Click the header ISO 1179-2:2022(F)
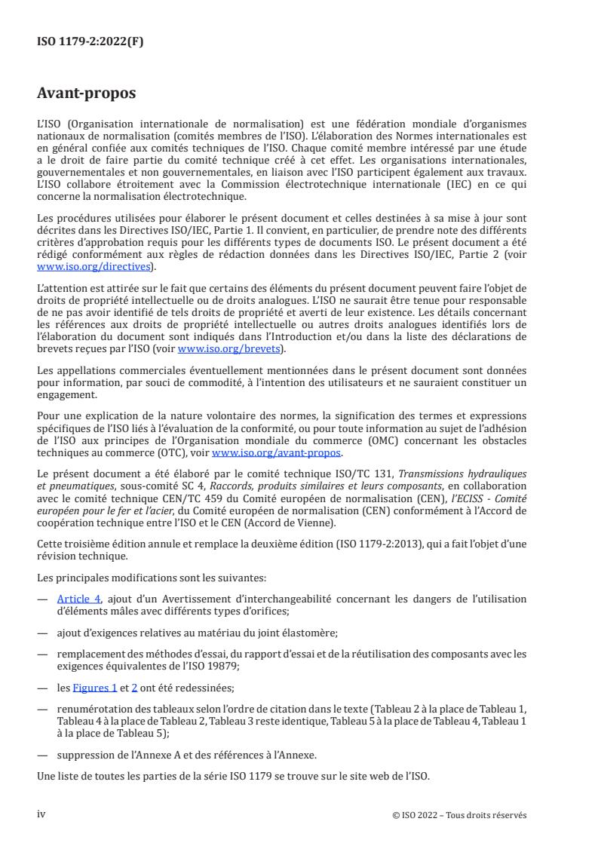click(x=90, y=42)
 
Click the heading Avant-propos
click(x=86, y=95)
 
